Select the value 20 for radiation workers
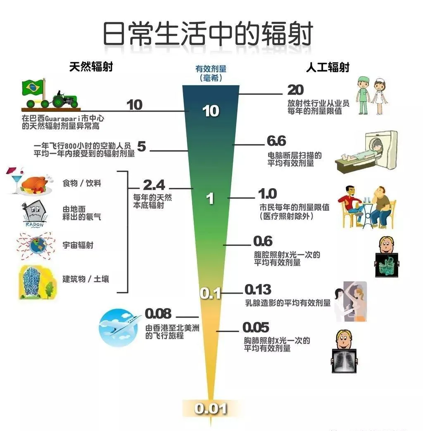295,90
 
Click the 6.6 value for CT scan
276,141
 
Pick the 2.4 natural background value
154,185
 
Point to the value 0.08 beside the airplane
158,314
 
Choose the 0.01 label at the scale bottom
211,408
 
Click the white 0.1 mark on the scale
210,294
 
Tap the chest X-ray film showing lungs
344,360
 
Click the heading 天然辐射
91,67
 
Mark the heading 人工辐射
328,67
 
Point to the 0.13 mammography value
258,290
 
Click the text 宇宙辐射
78,245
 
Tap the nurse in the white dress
380,96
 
